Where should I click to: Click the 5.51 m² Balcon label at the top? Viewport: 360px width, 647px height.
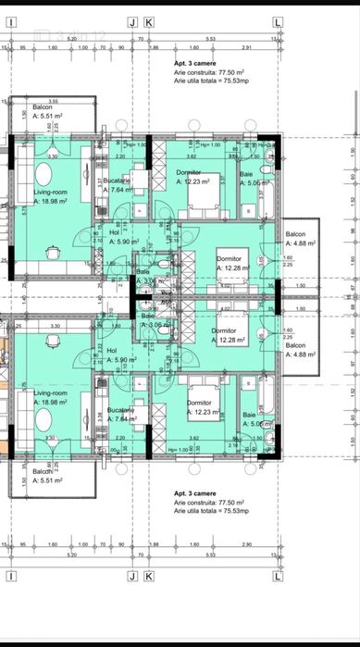[43, 109]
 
